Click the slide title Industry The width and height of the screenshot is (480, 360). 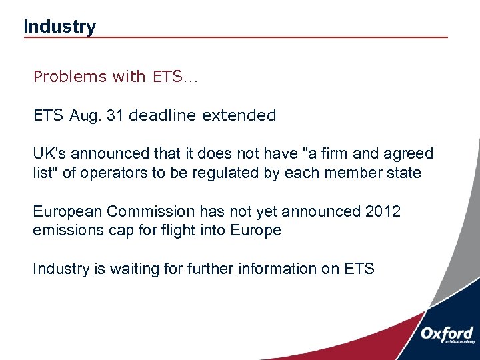pyautogui.click(x=59, y=27)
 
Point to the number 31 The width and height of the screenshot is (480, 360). pyautogui.click(x=115, y=115)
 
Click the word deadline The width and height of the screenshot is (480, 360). pyautogui.click(x=162, y=115)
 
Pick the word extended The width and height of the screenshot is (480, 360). pyautogui.click(x=239, y=115)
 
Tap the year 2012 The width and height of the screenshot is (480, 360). pyautogui.click(x=383, y=212)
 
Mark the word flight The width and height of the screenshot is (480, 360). pyautogui.click(x=173, y=231)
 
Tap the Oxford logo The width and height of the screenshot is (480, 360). pyautogui.click(x=446, y=334)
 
